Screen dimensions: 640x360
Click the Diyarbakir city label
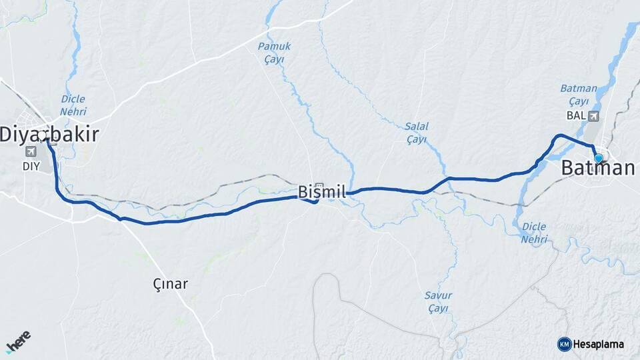(x=49, y=135)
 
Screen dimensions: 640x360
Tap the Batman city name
(x=598, y=169)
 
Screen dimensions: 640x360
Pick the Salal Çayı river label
(x=417, y=133)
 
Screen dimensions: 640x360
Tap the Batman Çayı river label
(x=574, y=95)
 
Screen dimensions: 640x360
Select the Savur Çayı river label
(x=438, y=302)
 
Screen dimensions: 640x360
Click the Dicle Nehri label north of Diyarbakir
(x=73, y=105)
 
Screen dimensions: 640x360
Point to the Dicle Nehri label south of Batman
(x=534, y=233)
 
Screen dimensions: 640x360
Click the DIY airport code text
(x=31, y=166)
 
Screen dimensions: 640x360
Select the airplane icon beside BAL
(x=594, y=116)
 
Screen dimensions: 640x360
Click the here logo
(x=19, y=343)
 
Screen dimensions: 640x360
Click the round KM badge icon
(x=564, y=344)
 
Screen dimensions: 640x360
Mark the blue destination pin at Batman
(x=599, y=158)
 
